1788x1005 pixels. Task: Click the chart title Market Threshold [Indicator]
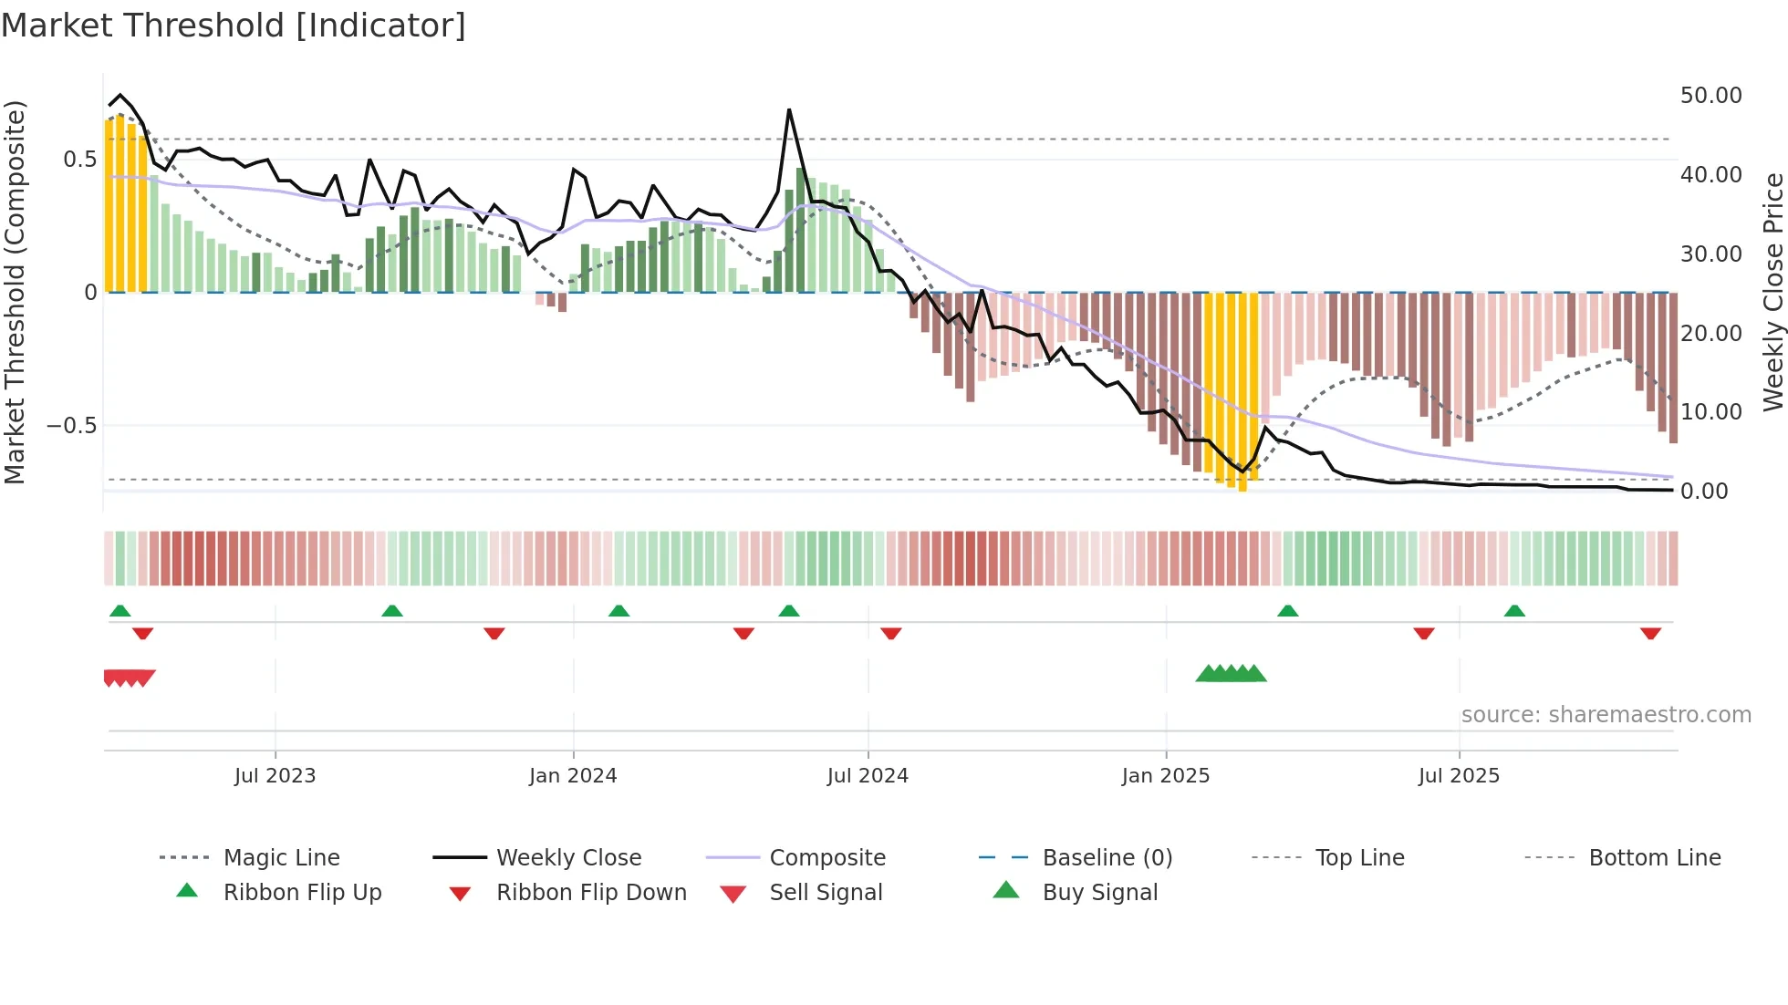coord(234,26)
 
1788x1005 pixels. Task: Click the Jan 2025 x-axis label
coord(1165,775)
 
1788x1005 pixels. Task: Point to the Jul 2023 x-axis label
coord(275,775)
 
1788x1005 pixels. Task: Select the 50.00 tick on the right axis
coord(1710,95)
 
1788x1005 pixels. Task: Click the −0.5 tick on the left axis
coord(71,426)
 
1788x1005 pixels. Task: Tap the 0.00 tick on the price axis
coord(1704,491)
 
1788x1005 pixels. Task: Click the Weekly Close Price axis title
coord(1772,292)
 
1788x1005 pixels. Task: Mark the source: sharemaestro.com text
coord(1606,714)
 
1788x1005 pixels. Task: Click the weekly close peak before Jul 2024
coord(789,110)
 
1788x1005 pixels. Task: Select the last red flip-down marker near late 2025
coord(1650,633)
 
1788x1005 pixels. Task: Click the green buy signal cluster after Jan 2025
coord(1231,674)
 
